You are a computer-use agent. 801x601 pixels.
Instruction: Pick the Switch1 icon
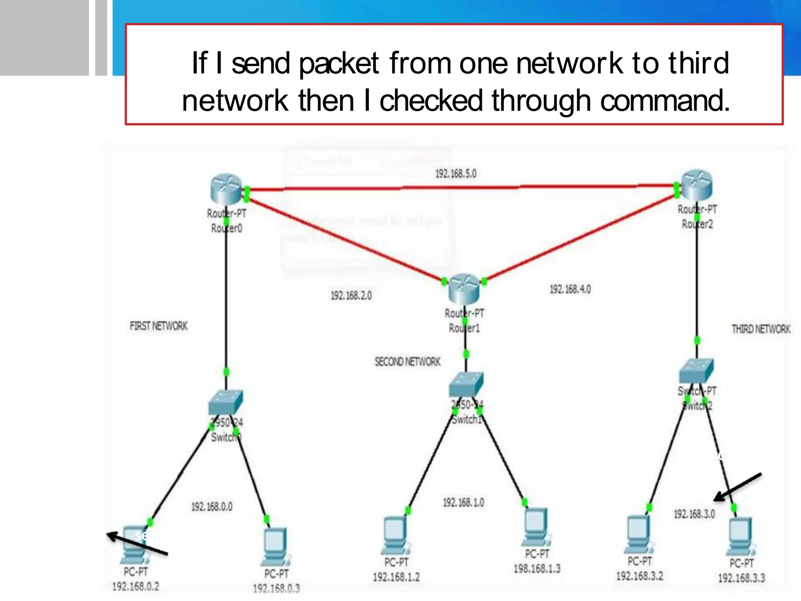[466, 384]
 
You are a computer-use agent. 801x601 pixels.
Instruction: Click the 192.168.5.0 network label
[456, 174]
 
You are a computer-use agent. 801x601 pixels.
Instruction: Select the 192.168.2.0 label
[351, 295]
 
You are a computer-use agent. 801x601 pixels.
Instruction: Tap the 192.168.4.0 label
[570, 289]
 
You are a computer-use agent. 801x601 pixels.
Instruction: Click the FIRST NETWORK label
[159, 326]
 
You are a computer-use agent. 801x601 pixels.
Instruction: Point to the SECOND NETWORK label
[408, 362]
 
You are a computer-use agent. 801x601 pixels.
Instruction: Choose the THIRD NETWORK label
[761, 329]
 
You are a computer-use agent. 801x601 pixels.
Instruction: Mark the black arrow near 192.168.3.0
[737, 487]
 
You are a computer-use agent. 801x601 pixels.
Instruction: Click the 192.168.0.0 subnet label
[212, 507]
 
